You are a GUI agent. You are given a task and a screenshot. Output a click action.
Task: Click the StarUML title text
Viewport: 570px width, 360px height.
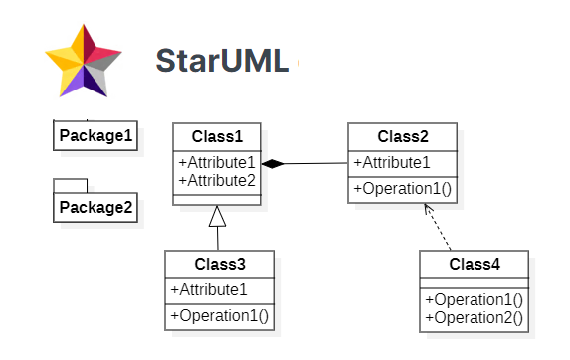coord(222,61)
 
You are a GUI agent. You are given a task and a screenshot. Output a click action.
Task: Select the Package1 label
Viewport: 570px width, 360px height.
coord(95,135)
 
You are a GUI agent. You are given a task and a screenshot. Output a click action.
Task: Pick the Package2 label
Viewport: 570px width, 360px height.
coord(95,207)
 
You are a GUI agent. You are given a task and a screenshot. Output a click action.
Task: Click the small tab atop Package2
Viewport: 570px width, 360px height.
coord(71,185)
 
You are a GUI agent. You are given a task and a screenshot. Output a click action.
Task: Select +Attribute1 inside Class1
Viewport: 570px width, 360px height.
coord(216,163)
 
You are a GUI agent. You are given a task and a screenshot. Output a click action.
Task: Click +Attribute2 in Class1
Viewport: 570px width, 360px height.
coord(216,180)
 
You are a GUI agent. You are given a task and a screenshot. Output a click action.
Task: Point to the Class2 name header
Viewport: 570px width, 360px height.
coord(402,136)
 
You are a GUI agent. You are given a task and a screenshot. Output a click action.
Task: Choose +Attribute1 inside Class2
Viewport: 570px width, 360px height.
coord(392,163)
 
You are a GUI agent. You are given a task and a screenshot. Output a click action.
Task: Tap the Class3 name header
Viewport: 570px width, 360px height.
coord(219,265)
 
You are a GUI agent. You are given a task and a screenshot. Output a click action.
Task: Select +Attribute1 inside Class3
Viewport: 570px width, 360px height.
coord(209,290)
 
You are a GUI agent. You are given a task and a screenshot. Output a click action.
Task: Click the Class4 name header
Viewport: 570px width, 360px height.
coord(475,264)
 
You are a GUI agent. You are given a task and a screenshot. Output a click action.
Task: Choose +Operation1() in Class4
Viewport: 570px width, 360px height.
coord(475,299)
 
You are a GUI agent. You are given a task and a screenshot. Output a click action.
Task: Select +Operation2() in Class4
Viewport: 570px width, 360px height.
coord(475,317)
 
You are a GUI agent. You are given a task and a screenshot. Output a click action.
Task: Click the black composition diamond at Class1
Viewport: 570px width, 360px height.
coord(273,163)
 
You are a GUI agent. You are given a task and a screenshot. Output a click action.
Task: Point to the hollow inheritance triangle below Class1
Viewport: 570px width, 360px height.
coord(218,216)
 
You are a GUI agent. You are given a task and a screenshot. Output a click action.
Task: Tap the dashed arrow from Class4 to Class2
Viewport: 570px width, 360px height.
coord(439,228)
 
